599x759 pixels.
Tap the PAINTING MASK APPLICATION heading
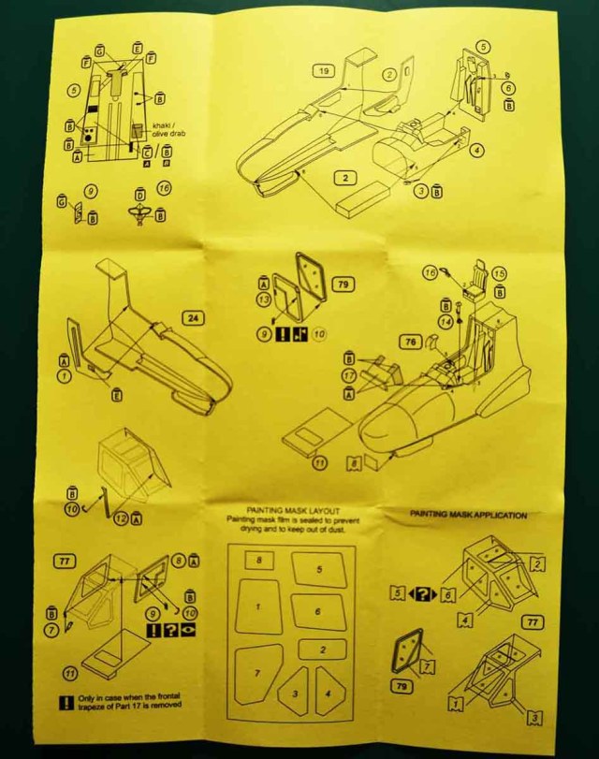469,516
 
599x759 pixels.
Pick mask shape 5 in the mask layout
319,568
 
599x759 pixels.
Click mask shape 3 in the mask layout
295,693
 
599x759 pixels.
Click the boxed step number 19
324,71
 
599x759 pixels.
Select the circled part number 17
350,377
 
